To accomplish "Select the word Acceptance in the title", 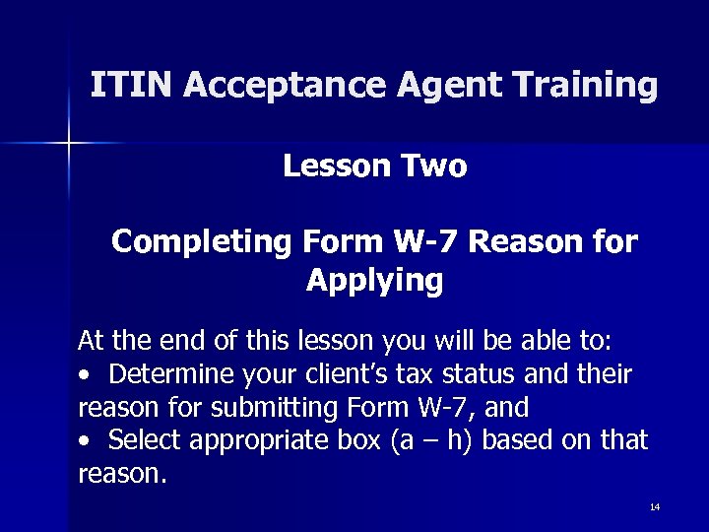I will (283, 87).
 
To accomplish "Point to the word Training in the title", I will (583, 87).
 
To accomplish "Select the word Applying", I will (374, 281).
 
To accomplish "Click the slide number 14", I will (655, 507).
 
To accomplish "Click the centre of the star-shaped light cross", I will (68, 145).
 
